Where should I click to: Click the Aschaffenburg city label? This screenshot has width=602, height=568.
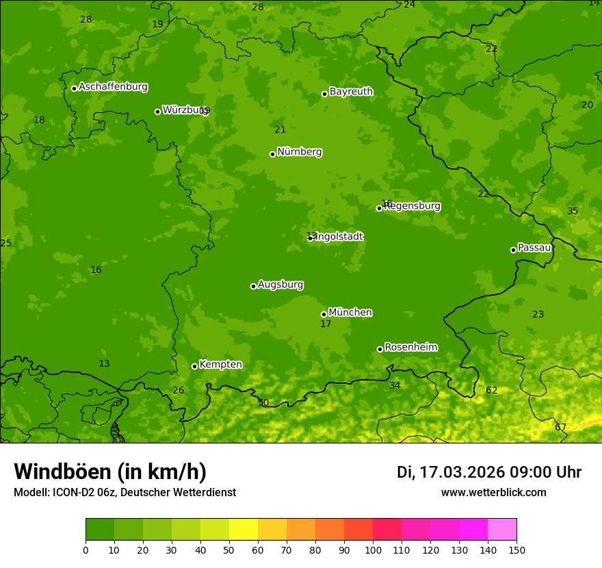pos(113,87)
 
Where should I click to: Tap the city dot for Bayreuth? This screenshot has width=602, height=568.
pos(324,94)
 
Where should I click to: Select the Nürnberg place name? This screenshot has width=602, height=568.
pos(299,152)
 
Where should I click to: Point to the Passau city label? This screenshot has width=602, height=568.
pos(534,248)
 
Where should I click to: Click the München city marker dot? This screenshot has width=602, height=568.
pos(324,314)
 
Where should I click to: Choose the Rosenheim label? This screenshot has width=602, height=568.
pos(410,348)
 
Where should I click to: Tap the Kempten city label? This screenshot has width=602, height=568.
pos(220,365)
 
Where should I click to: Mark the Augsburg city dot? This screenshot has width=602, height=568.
pos(253,286)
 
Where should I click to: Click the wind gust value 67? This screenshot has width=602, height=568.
pos(560,428)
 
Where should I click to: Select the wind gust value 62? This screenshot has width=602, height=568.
pos(491,391)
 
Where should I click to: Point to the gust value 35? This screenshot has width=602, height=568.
pos(573,211)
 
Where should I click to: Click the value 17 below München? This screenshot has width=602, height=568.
pos(326,324)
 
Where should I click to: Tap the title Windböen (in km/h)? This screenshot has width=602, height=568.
pos(109,472)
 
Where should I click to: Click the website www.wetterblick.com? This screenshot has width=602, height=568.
pos(493,493)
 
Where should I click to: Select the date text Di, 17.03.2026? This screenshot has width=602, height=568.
pos(450,472)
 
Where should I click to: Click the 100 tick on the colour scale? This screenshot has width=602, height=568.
pos(373,550)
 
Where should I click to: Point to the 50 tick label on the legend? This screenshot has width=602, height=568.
pos(229,550)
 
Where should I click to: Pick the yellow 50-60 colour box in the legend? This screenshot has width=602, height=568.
pos(244,529)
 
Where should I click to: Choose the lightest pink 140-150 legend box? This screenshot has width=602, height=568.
pos(502,529)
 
